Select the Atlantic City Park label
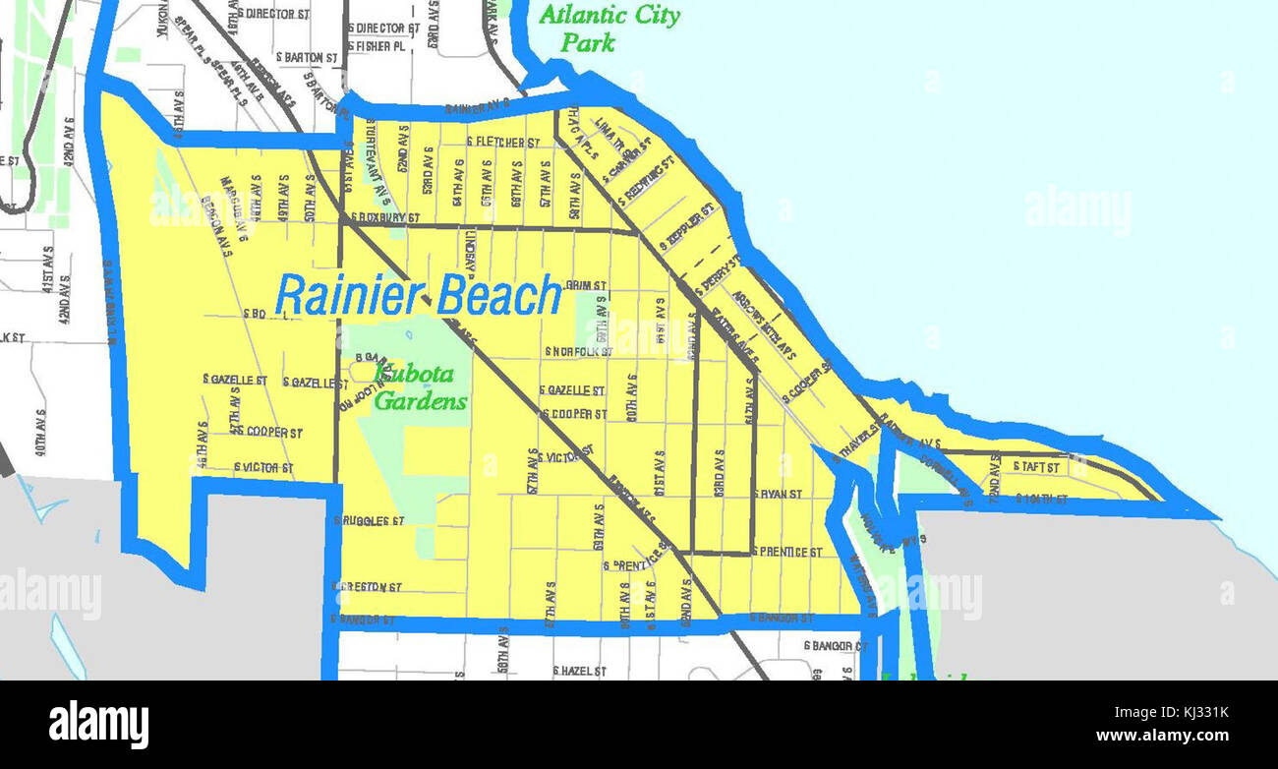610,28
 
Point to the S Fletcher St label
503,143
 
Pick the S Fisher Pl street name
377,46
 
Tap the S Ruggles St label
370,520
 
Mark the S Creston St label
369,587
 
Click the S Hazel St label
579,671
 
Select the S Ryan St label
778,494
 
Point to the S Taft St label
1036,466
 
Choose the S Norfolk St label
579,351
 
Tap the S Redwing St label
645,181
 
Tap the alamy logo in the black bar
98,725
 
